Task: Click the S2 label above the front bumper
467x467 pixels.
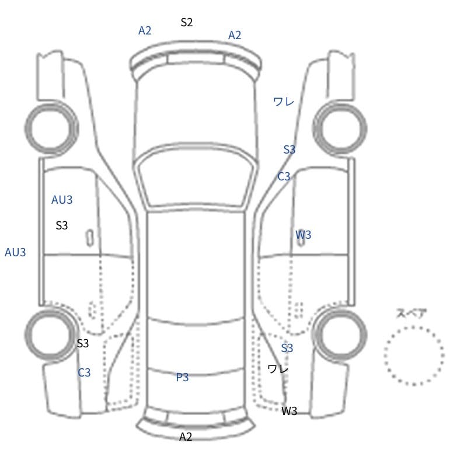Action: (187, 22)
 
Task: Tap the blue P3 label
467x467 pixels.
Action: (182, 377)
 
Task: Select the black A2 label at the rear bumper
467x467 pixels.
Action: (186, 437)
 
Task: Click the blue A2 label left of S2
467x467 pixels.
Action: (145, 30)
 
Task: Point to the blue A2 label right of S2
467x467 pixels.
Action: (235, 35)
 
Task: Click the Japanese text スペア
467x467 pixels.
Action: (407, 313)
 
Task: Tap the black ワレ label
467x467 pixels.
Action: (278, 370)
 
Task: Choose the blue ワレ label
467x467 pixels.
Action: (284, 102)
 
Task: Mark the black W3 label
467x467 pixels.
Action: (290, 411)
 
